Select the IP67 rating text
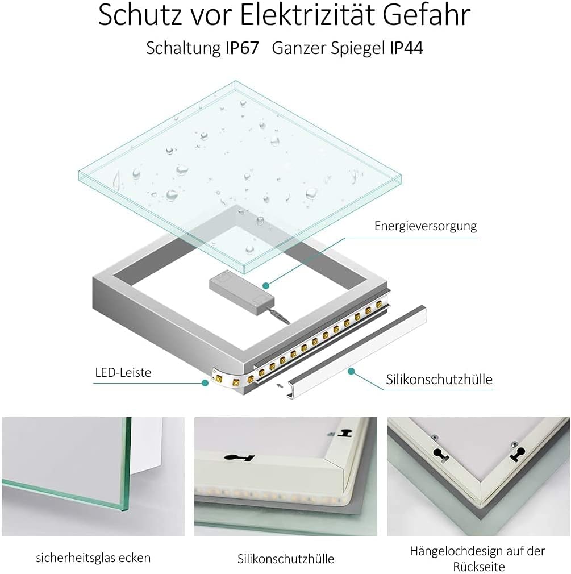[242, 48]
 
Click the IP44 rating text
[406, 48]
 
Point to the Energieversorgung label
[426, 226]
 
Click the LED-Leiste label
[123, 373]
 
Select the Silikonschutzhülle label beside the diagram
[439, 379]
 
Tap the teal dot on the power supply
[265, 285]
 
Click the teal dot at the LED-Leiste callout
[205, 382]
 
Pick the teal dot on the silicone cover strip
[351, 371]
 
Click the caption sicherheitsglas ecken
[93, 558]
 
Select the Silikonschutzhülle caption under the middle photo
[286, 559]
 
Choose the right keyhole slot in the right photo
[518, 454]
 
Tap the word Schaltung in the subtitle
[182, 48]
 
